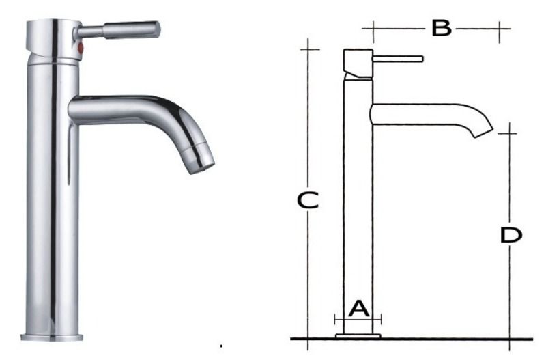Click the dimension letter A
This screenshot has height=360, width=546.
click(359, 309)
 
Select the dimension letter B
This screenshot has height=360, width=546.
click(442, 29)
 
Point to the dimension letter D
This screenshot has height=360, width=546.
click(511, 235)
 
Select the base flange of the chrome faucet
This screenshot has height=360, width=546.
click(52, 336)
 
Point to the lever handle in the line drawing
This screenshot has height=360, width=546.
click(399, 59)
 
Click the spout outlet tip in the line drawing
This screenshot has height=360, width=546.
click(483, 131)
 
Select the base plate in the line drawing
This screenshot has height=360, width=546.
click(358, 335)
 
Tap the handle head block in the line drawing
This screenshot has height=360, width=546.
click(358, 63)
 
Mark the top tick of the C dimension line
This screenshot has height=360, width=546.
click(309, 49)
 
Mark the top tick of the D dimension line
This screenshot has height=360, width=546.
click(507, 133)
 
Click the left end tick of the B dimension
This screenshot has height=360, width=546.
click(372, 30)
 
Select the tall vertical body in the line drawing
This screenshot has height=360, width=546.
click(358, 205)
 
